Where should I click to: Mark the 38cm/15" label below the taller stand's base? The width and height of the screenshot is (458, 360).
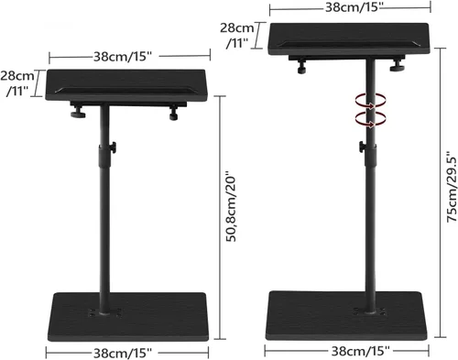coord(352,349)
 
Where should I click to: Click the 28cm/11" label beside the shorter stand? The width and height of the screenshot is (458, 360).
coord(18,82)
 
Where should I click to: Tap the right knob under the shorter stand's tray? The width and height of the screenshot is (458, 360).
coord(174,115)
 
